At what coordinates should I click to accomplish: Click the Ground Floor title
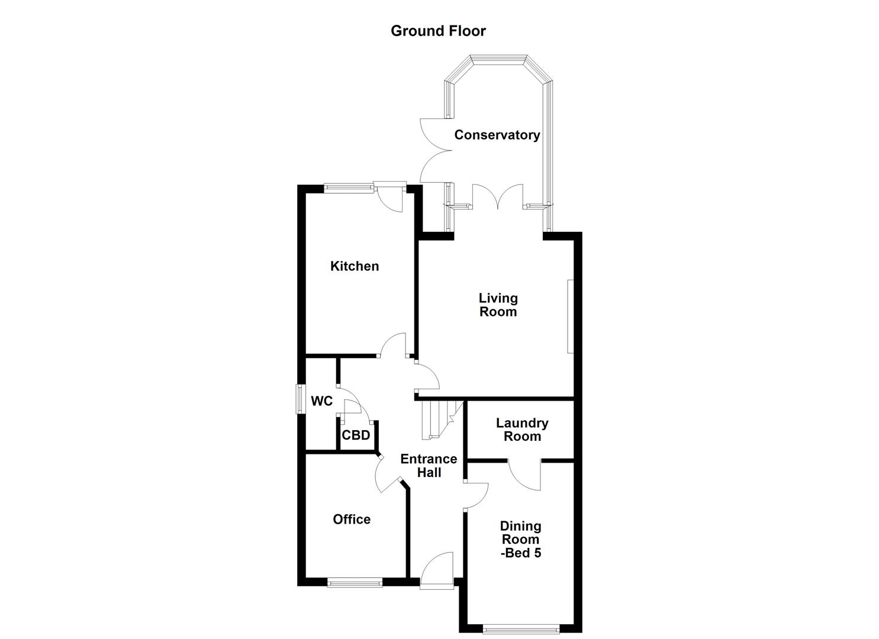coord(438,31)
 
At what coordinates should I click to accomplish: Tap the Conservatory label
coord(497,135)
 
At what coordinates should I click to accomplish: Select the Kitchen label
coord(355,266)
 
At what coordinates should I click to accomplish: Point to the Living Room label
coord(498,305)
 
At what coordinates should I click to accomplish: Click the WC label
coord(321,401)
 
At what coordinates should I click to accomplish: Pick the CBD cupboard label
coord(356,435)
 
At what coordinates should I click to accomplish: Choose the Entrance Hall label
coord(429,466)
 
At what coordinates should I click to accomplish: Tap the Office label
coord(352,519)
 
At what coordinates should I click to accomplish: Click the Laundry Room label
coord(521,430)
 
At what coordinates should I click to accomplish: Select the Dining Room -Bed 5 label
coord(521,539)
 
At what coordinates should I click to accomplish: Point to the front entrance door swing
coord(437,568)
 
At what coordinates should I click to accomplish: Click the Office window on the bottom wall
coord(355,583)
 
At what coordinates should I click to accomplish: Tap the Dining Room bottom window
coord(520,630)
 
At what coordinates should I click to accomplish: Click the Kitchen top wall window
coord(349,188)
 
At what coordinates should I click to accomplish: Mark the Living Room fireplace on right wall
coord(571,317)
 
